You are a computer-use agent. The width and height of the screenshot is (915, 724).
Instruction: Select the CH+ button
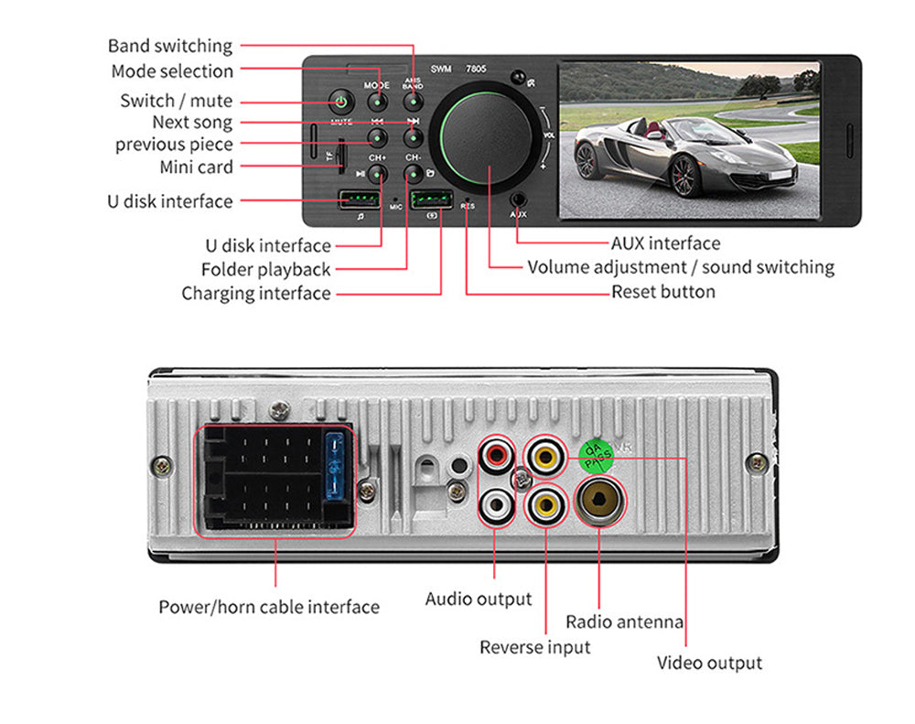(376, 173)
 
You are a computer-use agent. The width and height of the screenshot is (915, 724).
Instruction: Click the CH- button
(414, 173)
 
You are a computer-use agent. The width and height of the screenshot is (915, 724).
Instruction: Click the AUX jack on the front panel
(519, 198)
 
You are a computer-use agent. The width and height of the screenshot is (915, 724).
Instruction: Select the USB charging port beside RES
(430, 200)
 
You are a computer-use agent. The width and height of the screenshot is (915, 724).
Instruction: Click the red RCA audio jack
(498, 454)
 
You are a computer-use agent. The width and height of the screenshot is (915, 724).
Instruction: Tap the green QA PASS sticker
(597, 455)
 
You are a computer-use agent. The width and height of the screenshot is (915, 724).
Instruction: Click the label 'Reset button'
(663, 292)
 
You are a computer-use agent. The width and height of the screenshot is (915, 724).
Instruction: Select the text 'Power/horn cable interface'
(269, 607)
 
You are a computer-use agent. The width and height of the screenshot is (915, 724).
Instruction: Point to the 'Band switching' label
(170, 46)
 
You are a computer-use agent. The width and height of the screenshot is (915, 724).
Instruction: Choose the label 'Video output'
(709, 663)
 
